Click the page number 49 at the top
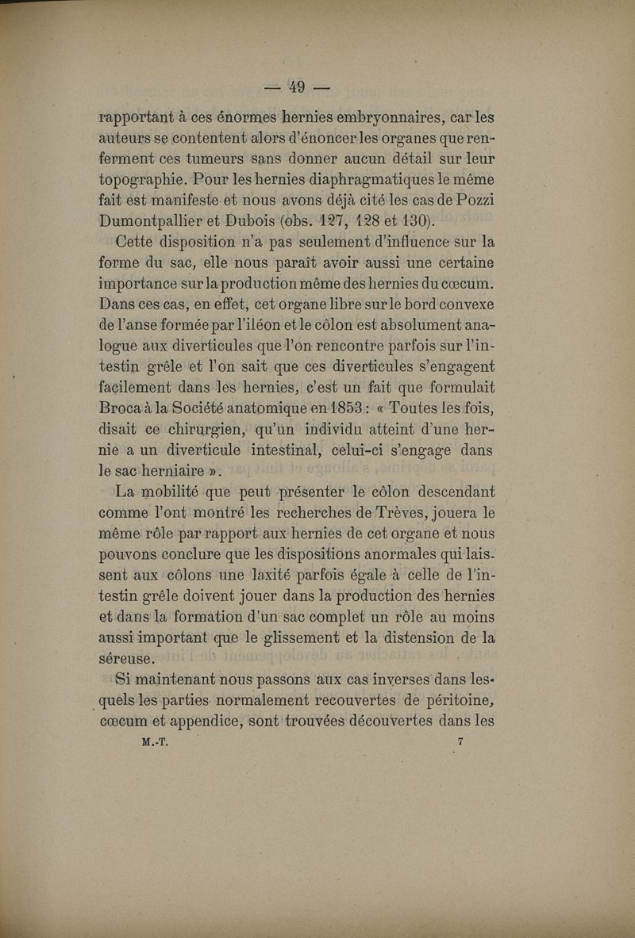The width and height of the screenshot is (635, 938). click(297, 86)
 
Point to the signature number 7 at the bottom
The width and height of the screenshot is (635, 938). click(460, 742)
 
